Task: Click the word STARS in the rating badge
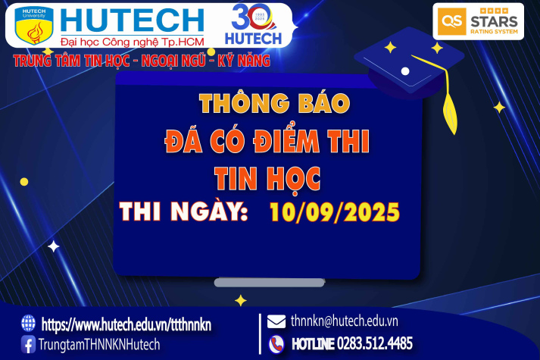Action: click(x=492, y=21)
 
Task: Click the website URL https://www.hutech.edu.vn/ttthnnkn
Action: click(x=126, y=324)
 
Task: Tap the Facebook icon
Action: click(x=29, y=345)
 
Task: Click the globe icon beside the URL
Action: click(x=29, y=323)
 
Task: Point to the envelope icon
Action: click(x=277, y=321)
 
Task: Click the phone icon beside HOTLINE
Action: click(x=277, y=343)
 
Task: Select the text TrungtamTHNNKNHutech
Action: click(x=101, y=345)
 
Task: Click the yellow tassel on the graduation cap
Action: click(x=452, y=106)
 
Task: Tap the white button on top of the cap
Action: click(x=405, y=71)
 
